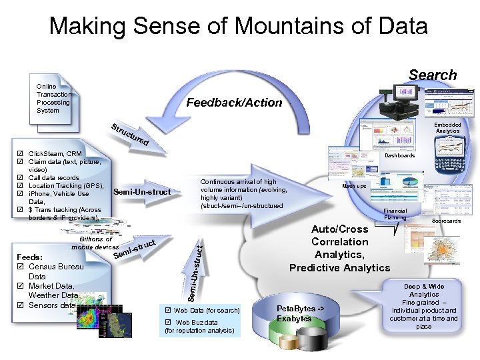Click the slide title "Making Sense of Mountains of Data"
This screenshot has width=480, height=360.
(x=238, y=27)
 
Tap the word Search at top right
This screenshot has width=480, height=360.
(x=433, y=75)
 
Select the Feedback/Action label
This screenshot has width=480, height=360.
(x=234, y=103)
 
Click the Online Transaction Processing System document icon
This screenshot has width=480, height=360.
(x=55, y=99)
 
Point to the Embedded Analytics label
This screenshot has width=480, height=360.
(x=447, y=127)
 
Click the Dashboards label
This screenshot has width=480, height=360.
(x=400, y=156)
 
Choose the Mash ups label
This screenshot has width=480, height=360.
(x=354, y=186)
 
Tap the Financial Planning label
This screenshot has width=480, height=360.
(x=395, y=213)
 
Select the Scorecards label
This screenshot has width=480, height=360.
(x=446, y=221)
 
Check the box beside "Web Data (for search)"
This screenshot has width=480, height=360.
(x=167, y=311)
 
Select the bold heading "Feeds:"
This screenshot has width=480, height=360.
(x=29, y=257)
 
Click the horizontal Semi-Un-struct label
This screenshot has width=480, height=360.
(x=142, y=193)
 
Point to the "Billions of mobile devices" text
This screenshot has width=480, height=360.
(x=95, y=243)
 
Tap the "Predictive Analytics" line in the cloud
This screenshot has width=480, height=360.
(x=339, y=267)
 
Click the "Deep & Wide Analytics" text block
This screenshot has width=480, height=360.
(x=424, y=290)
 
